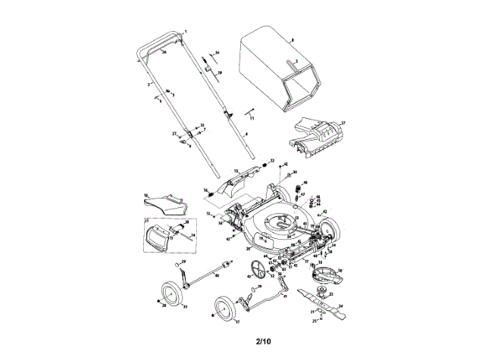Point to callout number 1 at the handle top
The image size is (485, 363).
coord(185,27)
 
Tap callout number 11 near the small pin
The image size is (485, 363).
coord(252,119)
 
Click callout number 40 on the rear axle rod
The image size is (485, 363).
coord(217,276)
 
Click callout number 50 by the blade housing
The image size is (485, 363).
coord(340,270)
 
